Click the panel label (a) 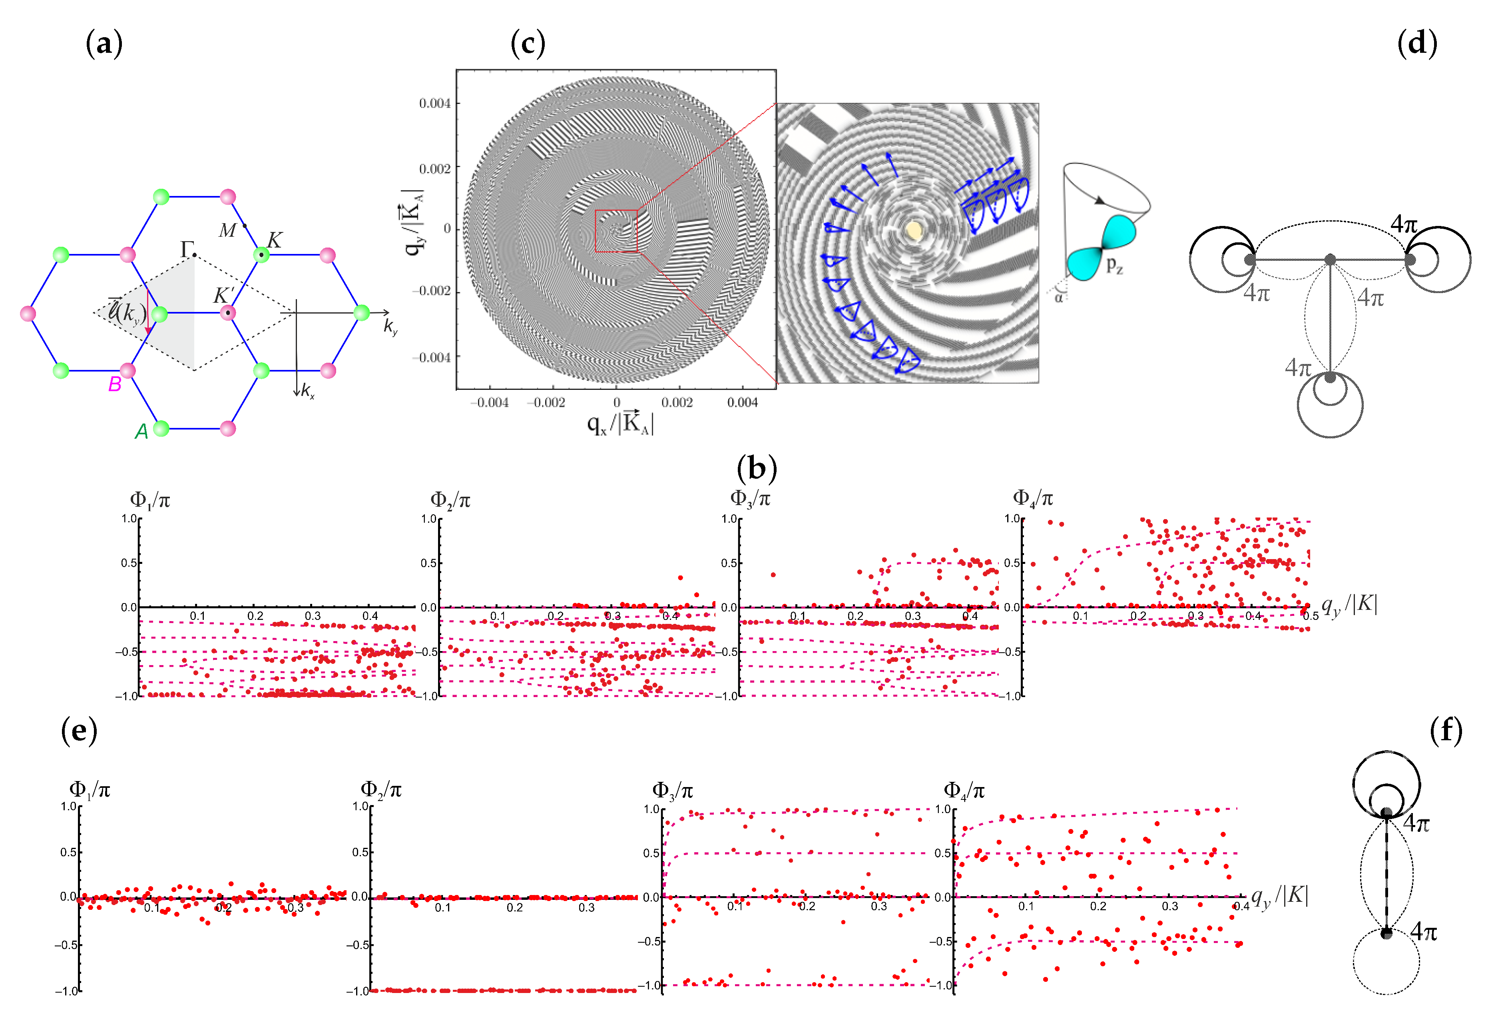coord(104,44)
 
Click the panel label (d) coord(1417,44)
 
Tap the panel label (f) coord(1446,731)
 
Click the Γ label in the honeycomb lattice coord(187,248)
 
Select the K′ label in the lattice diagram coord(222,296)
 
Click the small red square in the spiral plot coord(616,231)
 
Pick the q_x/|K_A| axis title coord(620,423)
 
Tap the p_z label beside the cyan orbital coord(1115,265)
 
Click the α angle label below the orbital coord(1059,297)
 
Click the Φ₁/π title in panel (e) coord(90,789)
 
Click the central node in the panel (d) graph coord(1330,260)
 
